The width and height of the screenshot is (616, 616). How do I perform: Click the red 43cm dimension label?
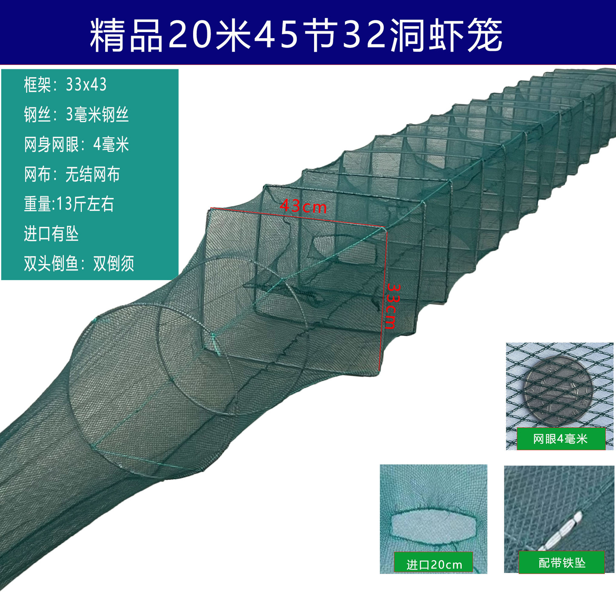[303, 206]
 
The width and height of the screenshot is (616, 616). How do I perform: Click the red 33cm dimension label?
[392, 306]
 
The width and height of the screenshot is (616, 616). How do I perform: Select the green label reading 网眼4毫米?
[560, 439]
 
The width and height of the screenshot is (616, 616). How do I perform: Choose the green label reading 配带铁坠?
[562, 563]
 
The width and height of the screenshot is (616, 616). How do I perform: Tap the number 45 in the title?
[276, 34]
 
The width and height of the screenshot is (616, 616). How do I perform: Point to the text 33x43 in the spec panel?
[86, 85]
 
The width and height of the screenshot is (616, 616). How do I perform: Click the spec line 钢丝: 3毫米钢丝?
[76, 115]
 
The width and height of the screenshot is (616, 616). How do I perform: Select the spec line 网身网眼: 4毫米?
[76, 144]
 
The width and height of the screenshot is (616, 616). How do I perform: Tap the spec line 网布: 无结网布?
[72, 174]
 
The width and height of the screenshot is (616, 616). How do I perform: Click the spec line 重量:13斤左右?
[69, 204]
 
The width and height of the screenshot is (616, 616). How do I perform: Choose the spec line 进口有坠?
[51, 233]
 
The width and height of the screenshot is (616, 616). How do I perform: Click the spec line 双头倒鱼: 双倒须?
[79, 263]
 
